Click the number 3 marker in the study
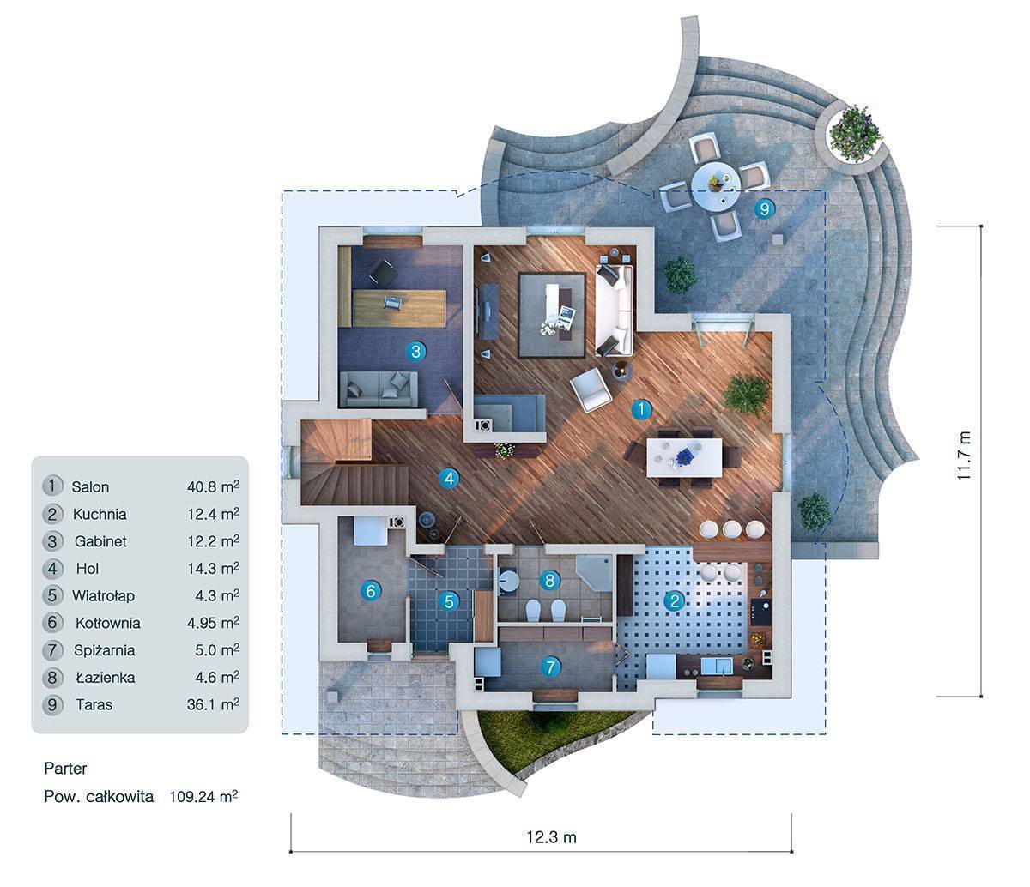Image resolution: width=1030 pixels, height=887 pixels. (415, 352)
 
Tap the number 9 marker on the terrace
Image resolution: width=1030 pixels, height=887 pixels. (764, 208)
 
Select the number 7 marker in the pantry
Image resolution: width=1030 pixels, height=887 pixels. (550, 667)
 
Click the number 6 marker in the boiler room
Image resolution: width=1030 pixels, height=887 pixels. (371, 591)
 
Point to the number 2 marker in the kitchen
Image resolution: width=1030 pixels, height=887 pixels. (675, 601)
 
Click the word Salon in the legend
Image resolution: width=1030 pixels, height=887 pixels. (90, 486)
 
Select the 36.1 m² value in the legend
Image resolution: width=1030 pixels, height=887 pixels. (213, 704)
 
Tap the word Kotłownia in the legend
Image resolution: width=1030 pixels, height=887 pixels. (107, 623)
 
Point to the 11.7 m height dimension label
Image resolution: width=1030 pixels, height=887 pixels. (964, 456)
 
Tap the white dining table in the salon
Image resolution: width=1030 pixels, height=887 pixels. (684, 457)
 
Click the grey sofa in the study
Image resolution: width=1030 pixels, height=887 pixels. (379, 390)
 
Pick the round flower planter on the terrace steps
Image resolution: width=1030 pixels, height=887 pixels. (852, 135)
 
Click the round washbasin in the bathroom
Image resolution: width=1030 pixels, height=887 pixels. (509, 581)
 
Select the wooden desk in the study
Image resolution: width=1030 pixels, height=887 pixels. (399, 308)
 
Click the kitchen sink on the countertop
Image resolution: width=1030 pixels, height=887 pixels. (717, 666)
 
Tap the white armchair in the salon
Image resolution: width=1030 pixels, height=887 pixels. (591, 390)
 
